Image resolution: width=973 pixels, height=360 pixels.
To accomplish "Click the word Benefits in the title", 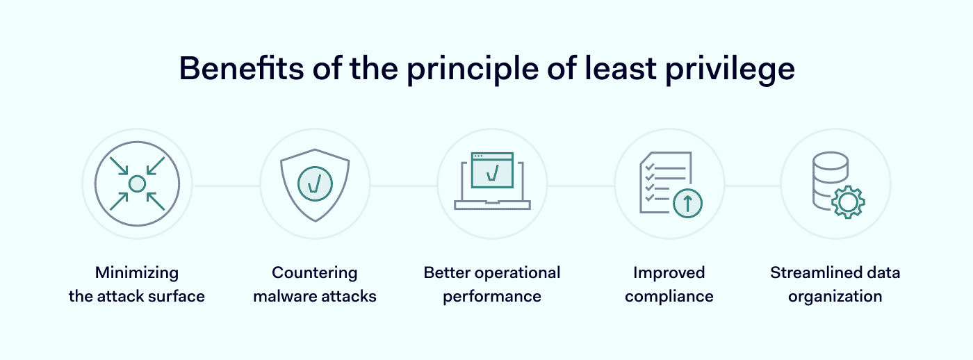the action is tap(242, 68).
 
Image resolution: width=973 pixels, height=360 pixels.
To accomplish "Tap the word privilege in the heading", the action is tap(730, 69).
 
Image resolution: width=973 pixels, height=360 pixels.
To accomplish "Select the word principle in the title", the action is tap(473, 69).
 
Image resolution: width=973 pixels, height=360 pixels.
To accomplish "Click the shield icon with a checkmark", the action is tap(315, 185).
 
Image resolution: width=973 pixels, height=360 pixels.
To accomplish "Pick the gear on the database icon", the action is tap(848, 202).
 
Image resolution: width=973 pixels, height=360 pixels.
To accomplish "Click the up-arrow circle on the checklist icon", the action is tap(687, 203).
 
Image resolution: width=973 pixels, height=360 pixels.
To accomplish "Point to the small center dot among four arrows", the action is tap(137, 183).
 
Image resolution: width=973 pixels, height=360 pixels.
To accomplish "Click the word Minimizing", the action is tap(137, 273).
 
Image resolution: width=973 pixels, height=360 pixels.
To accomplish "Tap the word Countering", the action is tap(314, 273).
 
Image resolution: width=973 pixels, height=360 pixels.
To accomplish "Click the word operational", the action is tap(517, 273).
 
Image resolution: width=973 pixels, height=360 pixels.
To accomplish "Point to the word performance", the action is tap(492, 297).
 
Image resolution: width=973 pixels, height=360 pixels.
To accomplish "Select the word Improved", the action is tap(669, 273).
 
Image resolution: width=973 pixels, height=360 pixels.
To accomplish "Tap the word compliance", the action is tap(669, 297).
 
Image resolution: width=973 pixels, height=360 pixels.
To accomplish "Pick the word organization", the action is tap(835, 297).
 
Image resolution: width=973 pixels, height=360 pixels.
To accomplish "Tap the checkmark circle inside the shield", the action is tap(315, 183).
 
